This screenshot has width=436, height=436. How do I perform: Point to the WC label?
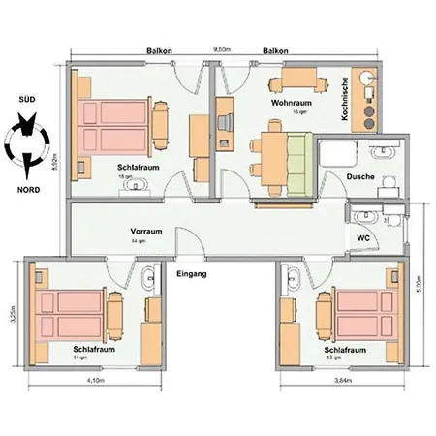[364, 236]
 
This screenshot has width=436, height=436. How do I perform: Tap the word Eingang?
[194, 274]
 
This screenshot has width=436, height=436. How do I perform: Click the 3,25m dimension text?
[13, 317]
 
